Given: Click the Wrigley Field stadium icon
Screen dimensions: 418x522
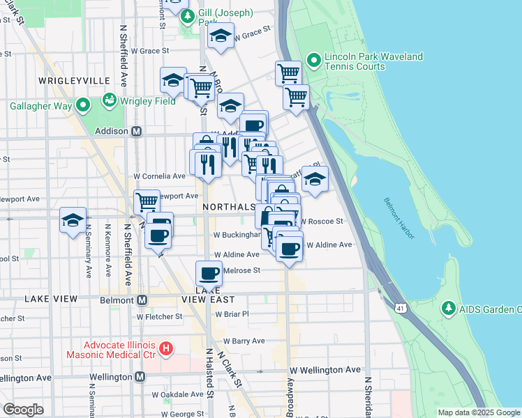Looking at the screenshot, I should [109, 100].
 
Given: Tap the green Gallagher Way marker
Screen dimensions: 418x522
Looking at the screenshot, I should [83, 106].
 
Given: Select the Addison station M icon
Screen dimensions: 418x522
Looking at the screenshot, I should [137, 131].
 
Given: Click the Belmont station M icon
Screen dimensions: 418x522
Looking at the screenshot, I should [142, 300].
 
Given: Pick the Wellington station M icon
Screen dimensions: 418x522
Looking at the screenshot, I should [140, 377].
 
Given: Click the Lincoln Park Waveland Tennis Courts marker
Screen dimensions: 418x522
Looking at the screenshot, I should [313, 61].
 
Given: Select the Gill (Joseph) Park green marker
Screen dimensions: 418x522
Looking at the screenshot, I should [186, 17].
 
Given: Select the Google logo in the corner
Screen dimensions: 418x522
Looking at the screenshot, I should [23, 410].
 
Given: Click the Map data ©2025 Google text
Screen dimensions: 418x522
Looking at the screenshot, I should [479, 412].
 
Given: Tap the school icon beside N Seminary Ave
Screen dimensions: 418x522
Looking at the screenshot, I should [73, 220].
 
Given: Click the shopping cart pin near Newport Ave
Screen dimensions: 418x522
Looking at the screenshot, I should [147, 202].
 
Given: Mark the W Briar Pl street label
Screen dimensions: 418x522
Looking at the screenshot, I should [232, 314].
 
